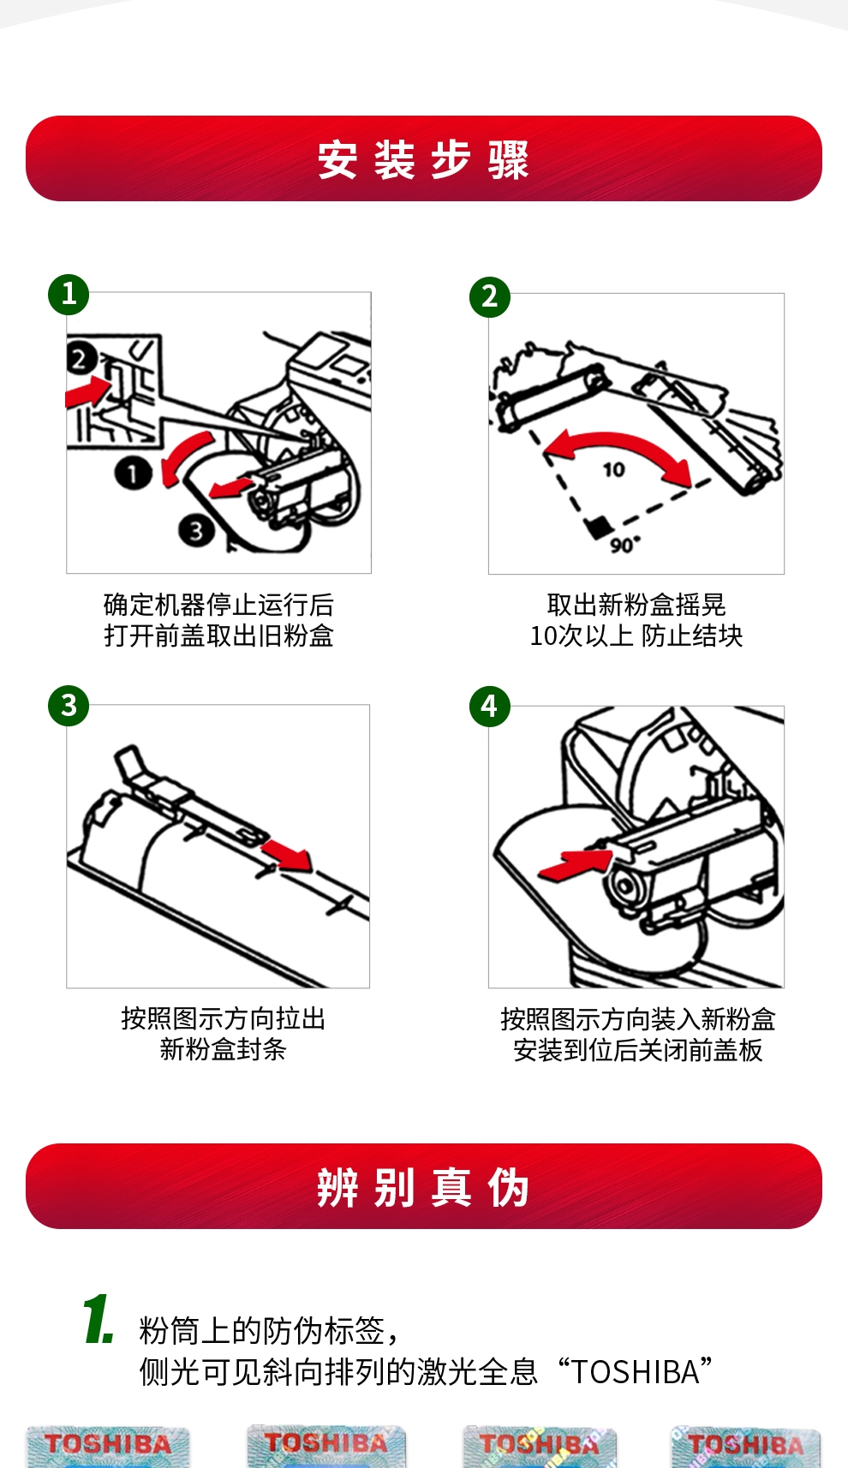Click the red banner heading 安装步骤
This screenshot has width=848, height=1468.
pos(423,158)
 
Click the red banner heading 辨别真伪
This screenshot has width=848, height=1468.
pos(423,1186)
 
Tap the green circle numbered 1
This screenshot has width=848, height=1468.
pos(69,295)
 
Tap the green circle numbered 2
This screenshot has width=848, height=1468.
pos(490,296)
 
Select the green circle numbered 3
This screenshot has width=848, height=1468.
pos(69,705)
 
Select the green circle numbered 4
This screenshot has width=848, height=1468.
pos(490,707)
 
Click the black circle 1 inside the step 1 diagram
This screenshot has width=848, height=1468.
pos(133,473)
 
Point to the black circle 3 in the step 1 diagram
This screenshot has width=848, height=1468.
pos(196,530)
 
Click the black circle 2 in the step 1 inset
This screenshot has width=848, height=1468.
pos(81,359)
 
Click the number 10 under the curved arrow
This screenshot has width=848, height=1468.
pos(614,469)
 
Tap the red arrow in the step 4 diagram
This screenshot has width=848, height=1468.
pos(575,863)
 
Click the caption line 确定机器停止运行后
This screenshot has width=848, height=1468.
pos(219,605)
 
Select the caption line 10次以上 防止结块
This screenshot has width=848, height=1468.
pos(636,636)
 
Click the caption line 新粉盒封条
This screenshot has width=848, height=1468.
pos(224,1049)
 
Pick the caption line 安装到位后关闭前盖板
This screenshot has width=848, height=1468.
pos(637,1050)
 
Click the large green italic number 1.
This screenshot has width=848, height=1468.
pos(99,1319)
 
